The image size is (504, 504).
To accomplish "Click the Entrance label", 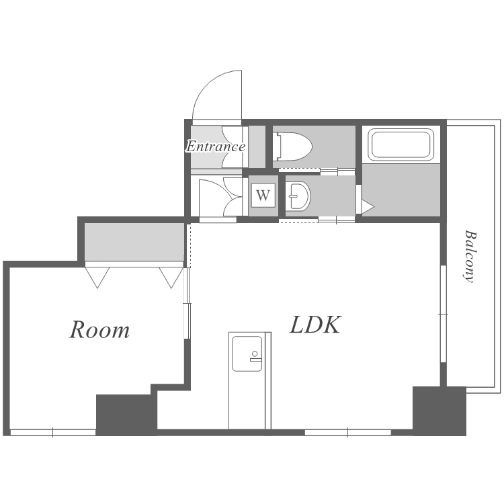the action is tap(216, 146).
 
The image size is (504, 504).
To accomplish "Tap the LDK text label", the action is tap(315, 325).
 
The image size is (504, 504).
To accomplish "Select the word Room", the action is tap(99, 329).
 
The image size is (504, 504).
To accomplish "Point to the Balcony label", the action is tap(470, 256).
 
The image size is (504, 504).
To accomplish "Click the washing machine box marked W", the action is tap(263, 195).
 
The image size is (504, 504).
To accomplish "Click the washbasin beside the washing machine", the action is tap(298, 196).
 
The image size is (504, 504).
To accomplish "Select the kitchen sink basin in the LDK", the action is tap(247, 353).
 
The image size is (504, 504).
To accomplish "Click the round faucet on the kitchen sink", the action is tap(255, 354).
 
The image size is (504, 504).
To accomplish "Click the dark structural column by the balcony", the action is tap(439, 411).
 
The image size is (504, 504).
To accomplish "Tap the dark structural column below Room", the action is tap(126, 415).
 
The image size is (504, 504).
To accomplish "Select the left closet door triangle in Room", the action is tap(97, 278).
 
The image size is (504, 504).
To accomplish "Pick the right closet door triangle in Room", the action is tap(171, 278).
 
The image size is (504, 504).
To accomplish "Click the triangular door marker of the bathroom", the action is tap(368, 207).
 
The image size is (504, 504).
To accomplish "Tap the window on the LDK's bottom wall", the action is tap(348, 433).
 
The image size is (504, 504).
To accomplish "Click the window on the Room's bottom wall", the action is tap(52, 433).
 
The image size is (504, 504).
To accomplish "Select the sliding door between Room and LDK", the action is tap(187, 303).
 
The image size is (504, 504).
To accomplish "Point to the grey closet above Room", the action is tap(134, 242).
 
